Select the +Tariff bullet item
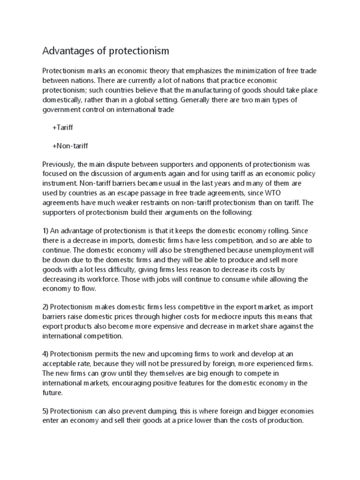pos(63,127)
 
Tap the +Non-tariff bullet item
pos(70,146)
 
